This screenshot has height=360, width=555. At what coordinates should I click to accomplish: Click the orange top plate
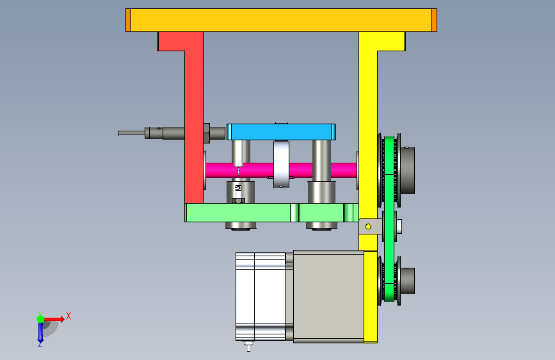pyautogui.click(x=281, y=20)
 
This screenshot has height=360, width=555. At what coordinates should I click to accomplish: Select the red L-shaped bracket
pyautogui.click(x=194, y=117)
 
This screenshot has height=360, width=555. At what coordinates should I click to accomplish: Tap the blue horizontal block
pyautogui.click(x=281, y=132)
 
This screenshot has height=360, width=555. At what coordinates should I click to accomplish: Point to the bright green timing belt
pyautogui.click(x=389, y=219)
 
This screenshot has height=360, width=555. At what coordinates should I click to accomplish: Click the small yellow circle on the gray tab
pyautogui.click(x=368, y=226)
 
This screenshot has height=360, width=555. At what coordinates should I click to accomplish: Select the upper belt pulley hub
pyautogui.click(x=407, y=170)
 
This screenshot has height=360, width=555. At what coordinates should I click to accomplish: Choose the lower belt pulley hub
pyautogui.click(x=407, y=281)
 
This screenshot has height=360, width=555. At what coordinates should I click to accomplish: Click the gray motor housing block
pyautogui.click(x=328, y=296)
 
